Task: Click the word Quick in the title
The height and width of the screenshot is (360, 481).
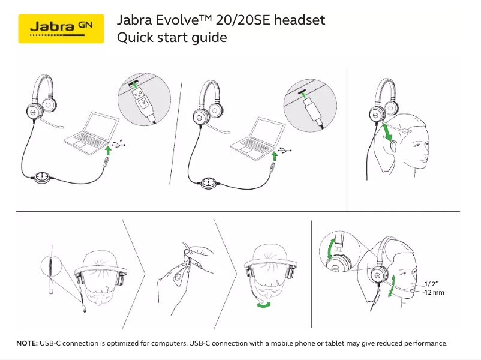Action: tap(134, 38)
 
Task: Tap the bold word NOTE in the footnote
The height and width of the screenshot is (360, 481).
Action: tap(27, 343)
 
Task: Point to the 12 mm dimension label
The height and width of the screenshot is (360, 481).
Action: tap(434, 292)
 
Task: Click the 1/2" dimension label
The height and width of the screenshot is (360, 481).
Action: tap(431, 283)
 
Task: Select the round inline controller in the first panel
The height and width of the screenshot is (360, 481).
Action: tap(42, 176)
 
